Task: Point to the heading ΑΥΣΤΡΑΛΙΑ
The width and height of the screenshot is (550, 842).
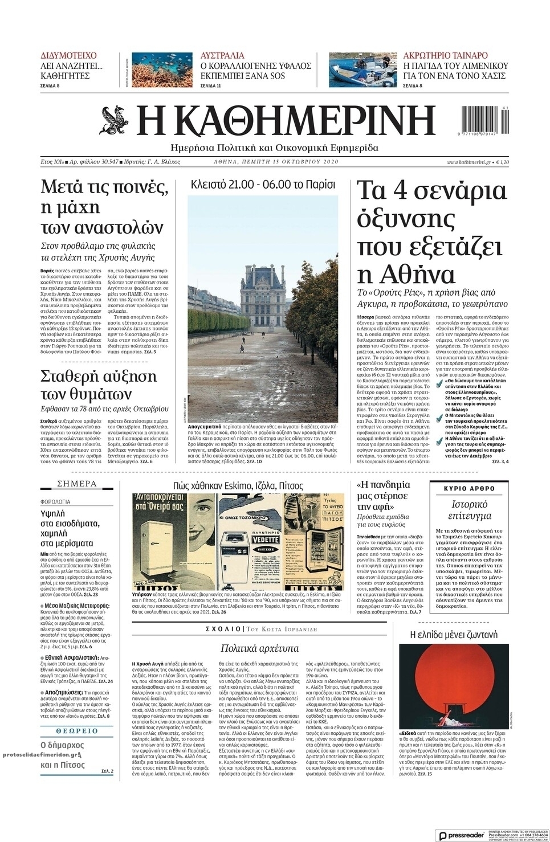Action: point(222,56)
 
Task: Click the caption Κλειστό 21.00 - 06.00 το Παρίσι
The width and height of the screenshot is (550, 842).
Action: point(263,185)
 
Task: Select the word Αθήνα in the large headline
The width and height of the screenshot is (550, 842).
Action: point(406,275)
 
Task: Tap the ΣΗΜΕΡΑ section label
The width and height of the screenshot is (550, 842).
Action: point(77,484)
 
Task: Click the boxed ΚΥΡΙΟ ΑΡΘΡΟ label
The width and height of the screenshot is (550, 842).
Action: point(468,488)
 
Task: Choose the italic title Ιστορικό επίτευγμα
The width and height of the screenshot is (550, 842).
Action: point(469,510)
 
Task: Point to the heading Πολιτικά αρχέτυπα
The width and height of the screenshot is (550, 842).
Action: point(259,648)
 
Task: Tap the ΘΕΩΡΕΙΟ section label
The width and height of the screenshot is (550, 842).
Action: point(77,730)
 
